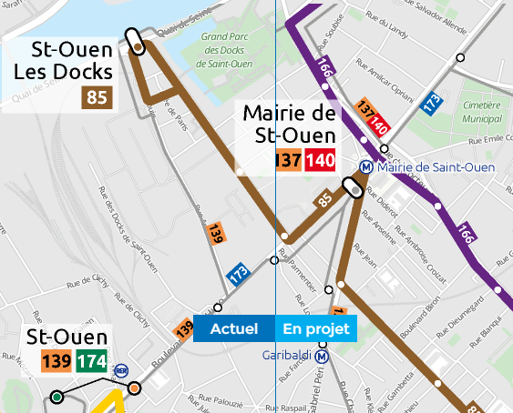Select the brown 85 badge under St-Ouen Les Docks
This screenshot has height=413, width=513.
pyautogui.click(x=96, y=96)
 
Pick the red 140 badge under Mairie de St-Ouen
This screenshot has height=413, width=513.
pyautogui.click(x=320, y=161)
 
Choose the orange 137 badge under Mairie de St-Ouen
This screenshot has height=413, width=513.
pyautogui.click(x=289, y=161)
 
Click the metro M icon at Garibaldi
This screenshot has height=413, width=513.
pyautogui.click(x=322, y=356)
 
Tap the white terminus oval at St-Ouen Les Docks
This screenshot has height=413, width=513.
pyautogui.click(x=137, y=42)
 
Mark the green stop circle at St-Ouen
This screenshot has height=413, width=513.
pyautogui.click(x=56, y=397)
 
